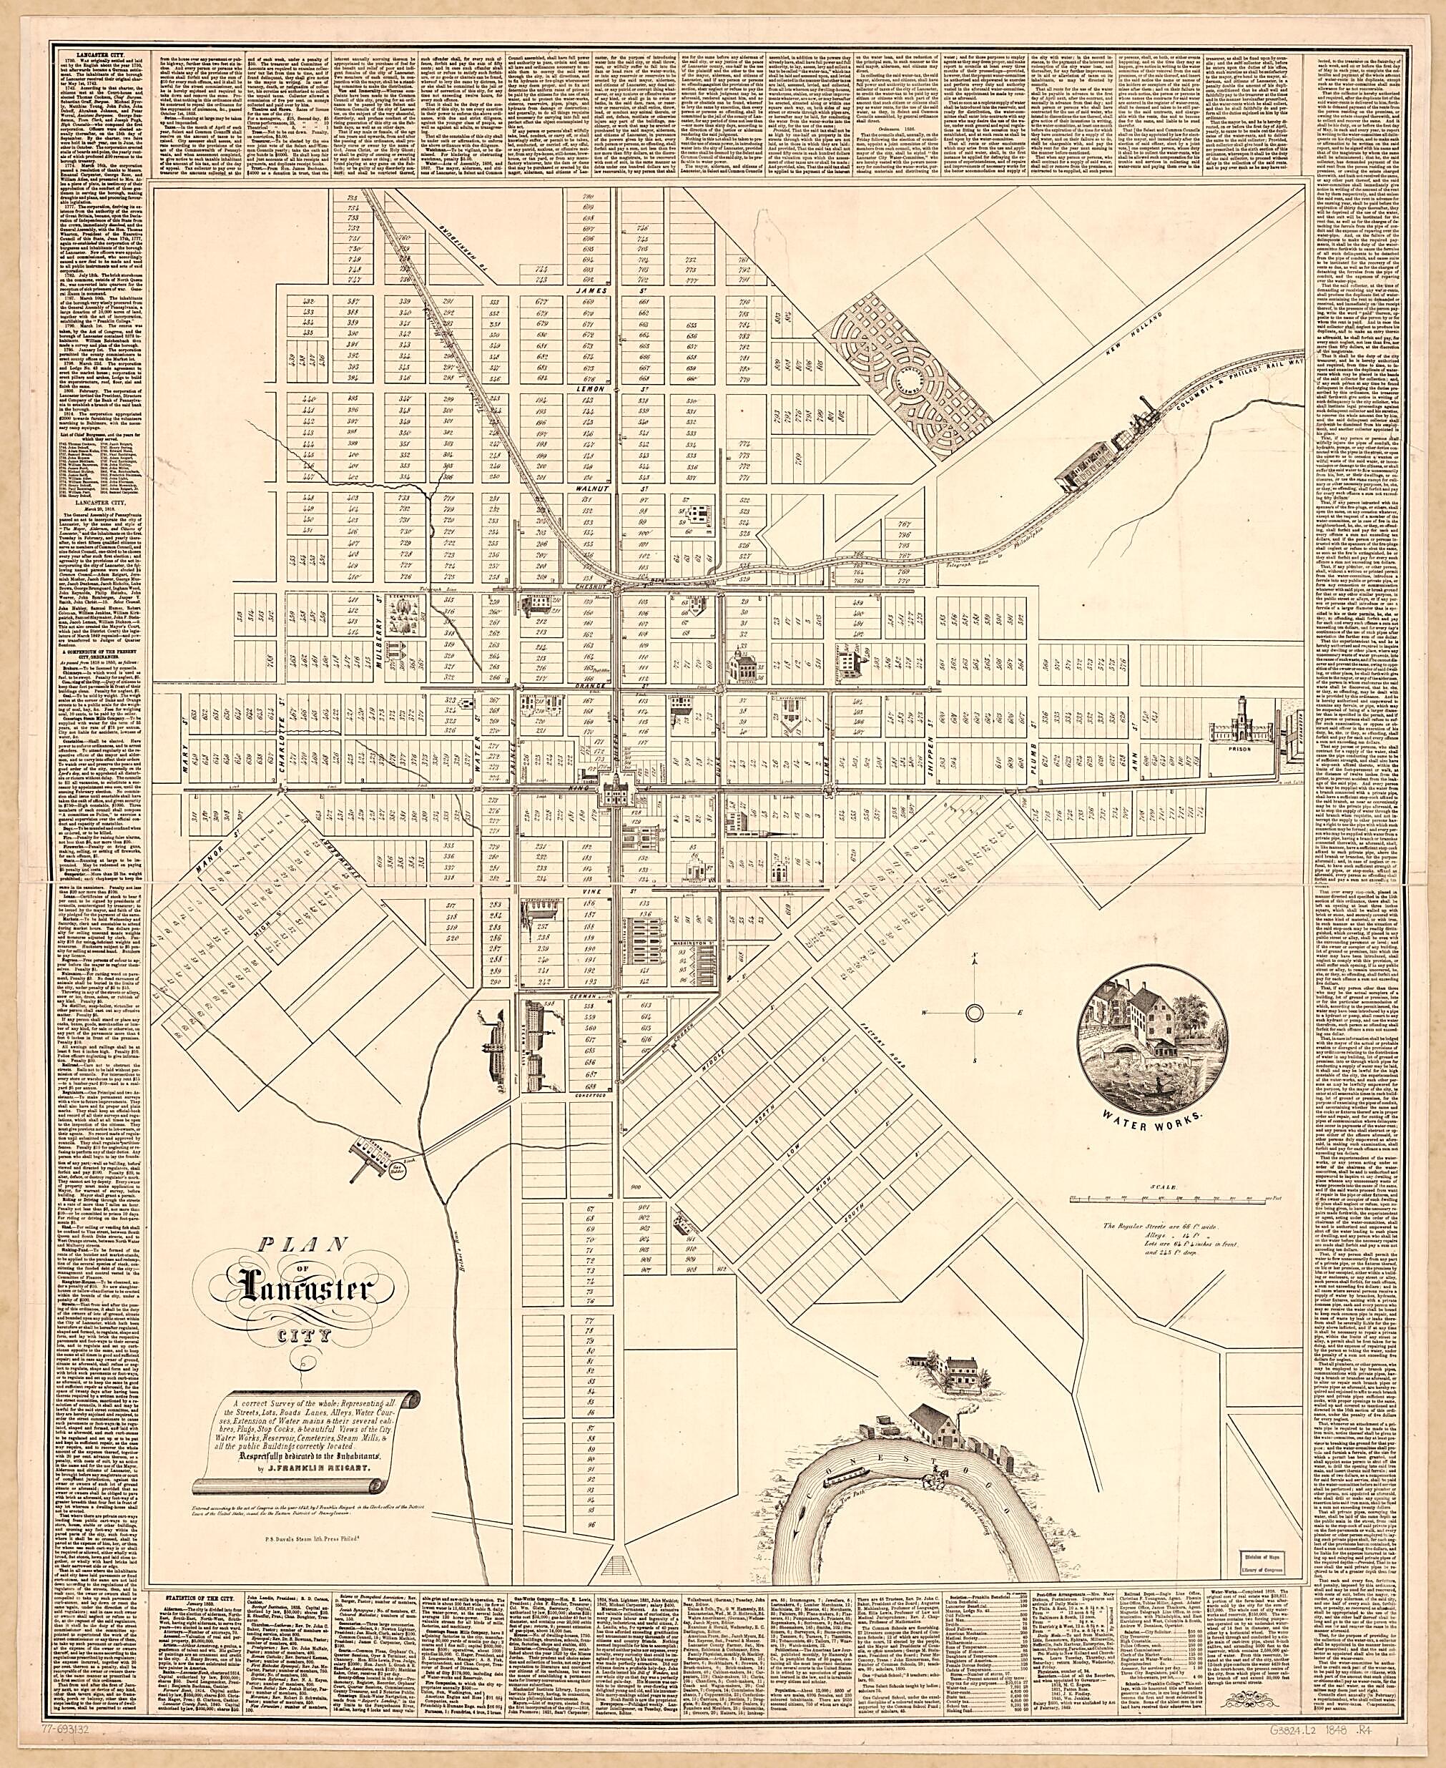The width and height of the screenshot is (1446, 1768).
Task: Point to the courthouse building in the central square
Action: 616,787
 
